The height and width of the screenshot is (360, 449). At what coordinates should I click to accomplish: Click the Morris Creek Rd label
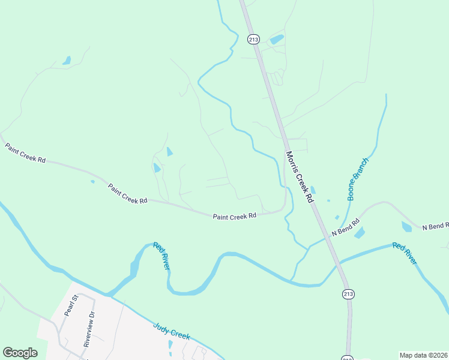(300, 176)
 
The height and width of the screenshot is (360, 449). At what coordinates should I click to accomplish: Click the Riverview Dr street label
(89, 329)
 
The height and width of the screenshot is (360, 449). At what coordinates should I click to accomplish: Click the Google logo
(20, 353)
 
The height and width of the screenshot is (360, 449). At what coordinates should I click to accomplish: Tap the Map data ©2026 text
(423, 355)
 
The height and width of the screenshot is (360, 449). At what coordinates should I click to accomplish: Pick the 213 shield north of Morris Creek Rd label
(253, 39)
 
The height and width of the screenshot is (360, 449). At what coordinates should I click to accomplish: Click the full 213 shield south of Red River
(348, 293)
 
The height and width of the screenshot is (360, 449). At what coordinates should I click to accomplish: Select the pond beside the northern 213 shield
(277, 40)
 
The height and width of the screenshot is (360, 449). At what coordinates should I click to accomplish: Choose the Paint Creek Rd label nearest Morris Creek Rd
(234, 215)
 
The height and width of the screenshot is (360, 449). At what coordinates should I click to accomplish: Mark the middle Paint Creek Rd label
(127, 194)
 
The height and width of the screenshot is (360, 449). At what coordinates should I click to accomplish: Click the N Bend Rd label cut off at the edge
(435, 226)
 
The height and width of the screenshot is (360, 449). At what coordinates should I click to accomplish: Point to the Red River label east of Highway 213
(404, 253)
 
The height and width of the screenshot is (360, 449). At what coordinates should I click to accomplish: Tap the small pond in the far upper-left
(66, 61)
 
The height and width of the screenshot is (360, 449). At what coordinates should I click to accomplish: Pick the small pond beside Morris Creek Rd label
(313, 190)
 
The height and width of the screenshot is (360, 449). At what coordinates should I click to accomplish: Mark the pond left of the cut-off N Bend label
(406, 227)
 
